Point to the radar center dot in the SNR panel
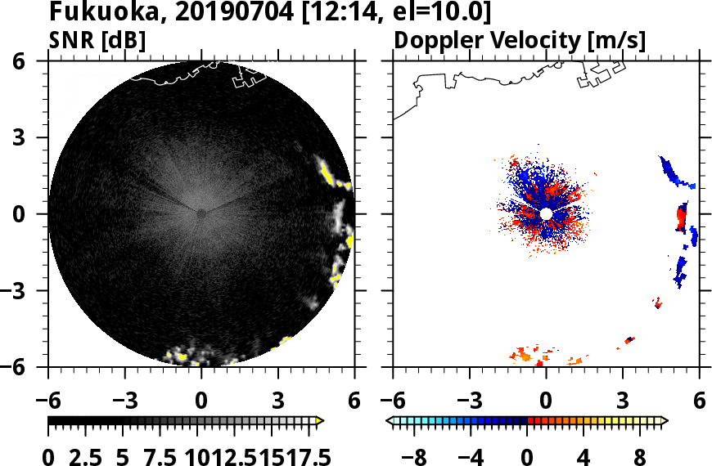[201, 213]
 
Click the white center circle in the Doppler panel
[546, 213]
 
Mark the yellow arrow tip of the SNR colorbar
[320, 421]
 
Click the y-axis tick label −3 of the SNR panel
[30, 290]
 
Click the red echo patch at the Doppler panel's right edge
[681, 218]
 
